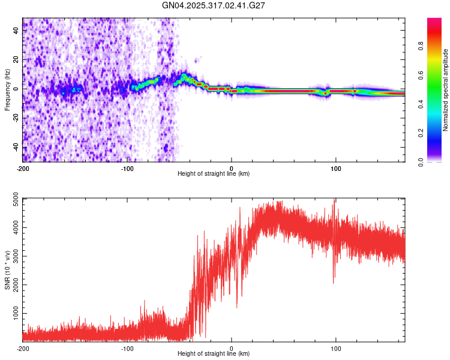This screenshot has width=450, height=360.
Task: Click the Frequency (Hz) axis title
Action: point(7,90)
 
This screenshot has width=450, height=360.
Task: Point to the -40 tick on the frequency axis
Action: point(15,146)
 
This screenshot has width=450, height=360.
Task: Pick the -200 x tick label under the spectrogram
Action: point(23,167)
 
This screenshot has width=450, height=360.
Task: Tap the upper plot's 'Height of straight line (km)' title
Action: point(214,174)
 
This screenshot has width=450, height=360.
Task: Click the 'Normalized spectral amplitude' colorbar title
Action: point(445,90)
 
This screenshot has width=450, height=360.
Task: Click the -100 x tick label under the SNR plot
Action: point(127,348)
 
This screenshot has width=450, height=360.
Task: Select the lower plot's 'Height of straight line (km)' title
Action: point(214,355)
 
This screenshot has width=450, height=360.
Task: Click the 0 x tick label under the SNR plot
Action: point(232,348)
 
